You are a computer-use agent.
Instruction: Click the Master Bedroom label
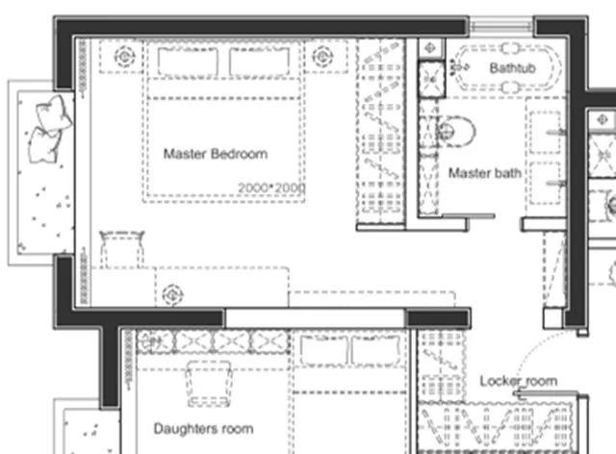[216, 154]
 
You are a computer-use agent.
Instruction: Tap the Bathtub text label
[513, 68]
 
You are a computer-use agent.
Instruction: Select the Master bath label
[485, 173]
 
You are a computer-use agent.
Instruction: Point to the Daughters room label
[203, 428]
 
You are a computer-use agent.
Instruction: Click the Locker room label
[519, 381]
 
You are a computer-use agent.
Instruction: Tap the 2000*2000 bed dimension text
[271, 189]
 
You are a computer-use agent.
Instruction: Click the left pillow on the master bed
[188, 62]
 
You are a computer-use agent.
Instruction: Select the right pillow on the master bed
[259, 62]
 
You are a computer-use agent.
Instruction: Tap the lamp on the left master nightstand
[124, 57]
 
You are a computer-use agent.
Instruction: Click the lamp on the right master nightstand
[323, 57]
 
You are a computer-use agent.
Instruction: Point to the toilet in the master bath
[455, 131]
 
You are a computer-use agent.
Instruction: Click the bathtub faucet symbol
[458, 67]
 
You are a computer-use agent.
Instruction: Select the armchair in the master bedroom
[122, 248]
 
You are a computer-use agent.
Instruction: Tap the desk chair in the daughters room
[209, 384]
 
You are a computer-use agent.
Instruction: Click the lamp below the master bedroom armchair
[172, 294]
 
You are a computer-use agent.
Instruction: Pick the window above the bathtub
[501, 25]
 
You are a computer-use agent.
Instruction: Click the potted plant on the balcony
[49, 129]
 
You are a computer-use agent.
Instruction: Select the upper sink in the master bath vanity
[546, 132]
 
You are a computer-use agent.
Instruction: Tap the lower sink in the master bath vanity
[546, 183]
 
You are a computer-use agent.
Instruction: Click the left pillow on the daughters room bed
[323, 351]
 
